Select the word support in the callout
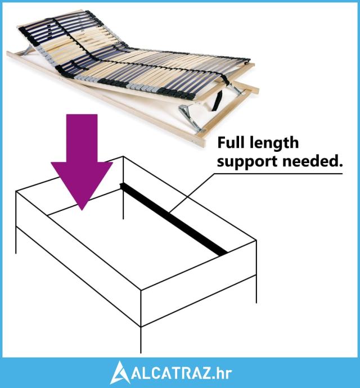242,162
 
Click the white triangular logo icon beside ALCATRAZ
120,372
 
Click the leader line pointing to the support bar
191,197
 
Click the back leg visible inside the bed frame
123,202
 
